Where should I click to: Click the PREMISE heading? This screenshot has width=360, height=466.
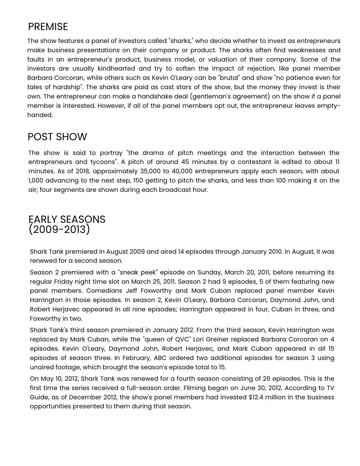point(48,27)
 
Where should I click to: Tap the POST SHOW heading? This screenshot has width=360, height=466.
point(57,137)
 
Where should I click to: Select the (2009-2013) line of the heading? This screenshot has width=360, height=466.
point(59,230)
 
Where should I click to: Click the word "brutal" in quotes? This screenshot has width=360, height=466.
point(230,78)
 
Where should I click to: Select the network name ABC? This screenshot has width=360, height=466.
point(160,358)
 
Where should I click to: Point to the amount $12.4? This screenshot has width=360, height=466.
point(256,398)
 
